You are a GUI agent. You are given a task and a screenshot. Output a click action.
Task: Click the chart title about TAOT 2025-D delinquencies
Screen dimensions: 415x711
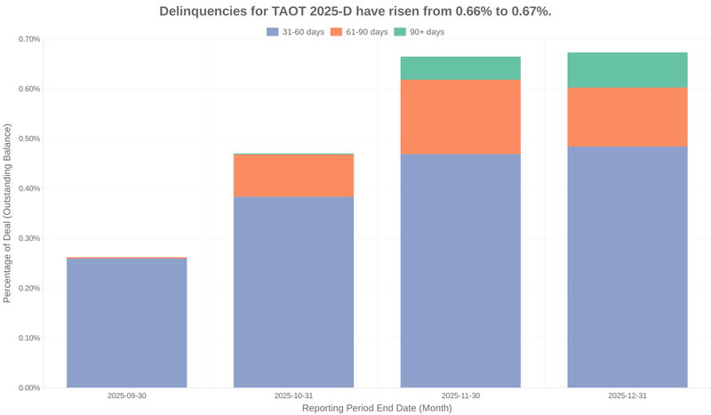pos(355,12)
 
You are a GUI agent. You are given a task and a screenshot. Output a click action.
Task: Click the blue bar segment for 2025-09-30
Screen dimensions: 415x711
pos(127,323)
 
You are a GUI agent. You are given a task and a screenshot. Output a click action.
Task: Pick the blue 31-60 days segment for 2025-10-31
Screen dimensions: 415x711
pos(293,291)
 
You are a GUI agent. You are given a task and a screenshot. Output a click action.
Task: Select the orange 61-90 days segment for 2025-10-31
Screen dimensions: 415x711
pos(293,175)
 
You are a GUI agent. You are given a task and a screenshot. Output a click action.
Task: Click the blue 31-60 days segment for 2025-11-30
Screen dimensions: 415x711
pos(460,270)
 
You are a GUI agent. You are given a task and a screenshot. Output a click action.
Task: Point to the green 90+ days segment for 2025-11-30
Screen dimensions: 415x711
pos(460,68)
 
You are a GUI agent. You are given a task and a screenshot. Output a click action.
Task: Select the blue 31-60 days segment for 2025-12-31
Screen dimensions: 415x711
pos(627,267)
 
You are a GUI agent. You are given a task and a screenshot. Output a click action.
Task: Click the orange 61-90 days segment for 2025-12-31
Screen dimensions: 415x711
pos(627,116)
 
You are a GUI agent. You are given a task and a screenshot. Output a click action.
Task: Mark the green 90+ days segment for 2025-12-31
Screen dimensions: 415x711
pos(627,70)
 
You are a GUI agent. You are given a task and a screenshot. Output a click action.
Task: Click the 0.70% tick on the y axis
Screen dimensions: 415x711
pos(29,39)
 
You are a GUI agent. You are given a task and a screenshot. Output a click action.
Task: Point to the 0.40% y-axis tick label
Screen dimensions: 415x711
pos(29,188)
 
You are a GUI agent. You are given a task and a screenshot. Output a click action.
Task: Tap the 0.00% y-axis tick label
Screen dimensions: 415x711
pos(29,387)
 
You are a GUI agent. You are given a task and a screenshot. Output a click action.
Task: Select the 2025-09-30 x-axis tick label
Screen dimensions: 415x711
pos(127,395)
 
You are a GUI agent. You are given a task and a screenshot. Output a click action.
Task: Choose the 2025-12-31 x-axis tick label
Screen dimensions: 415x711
pos(627,395)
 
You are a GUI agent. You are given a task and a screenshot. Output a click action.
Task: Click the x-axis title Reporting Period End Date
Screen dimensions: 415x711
pos(377,408)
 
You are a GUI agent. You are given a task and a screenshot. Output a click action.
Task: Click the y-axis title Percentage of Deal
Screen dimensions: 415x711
pos(8,213)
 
